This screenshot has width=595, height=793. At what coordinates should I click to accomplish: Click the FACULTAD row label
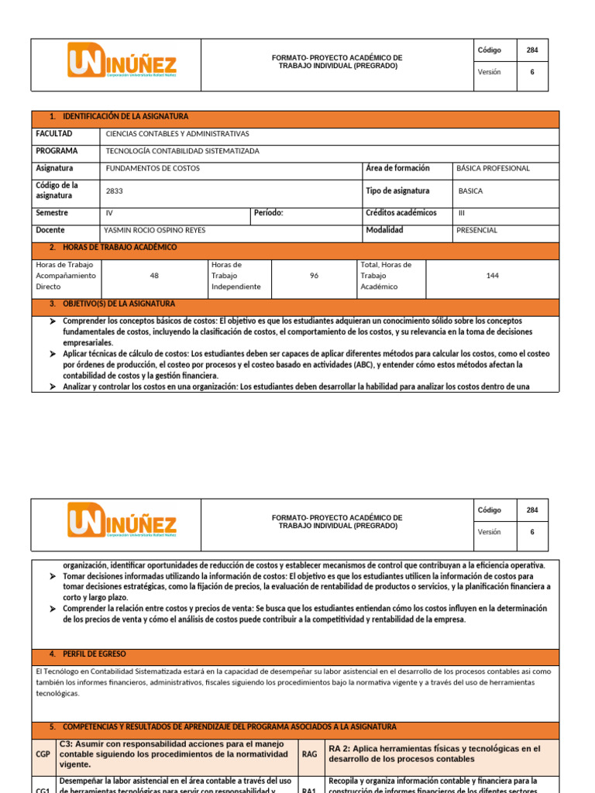click(53, 134)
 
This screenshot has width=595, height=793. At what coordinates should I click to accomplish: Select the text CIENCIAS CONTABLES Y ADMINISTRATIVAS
click(177, 134)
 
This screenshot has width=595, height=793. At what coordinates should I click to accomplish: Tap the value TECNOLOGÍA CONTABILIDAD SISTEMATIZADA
click(182, 151)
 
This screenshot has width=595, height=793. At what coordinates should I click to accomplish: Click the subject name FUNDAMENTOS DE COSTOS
click(153, 168)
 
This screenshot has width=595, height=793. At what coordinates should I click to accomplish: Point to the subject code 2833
click(114, 191)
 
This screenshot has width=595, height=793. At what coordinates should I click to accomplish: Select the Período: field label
click(269, 213)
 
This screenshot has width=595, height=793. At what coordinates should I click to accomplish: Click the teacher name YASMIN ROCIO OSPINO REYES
click(155, 230)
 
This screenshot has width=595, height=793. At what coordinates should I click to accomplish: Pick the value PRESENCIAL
click(477, 230)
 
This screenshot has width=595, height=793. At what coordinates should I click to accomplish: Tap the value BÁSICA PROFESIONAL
click(494, 168)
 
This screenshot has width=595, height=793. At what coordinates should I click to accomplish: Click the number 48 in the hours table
click(153, 276)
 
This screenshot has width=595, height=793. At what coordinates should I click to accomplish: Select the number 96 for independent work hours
click(314, 276)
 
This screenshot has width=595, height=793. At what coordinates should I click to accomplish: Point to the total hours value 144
click(493, 276)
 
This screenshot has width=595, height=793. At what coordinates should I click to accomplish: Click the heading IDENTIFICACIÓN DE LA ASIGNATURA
click(125, 116)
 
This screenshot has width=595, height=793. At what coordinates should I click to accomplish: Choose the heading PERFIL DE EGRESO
click(94, 654)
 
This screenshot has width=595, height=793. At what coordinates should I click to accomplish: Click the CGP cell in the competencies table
click(43, 754)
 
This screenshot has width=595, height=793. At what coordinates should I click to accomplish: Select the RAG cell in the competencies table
click(309, 754)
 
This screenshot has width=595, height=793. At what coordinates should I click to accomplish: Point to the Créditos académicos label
click(401, 213)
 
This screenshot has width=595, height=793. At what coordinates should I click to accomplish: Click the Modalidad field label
click(384, 230)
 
